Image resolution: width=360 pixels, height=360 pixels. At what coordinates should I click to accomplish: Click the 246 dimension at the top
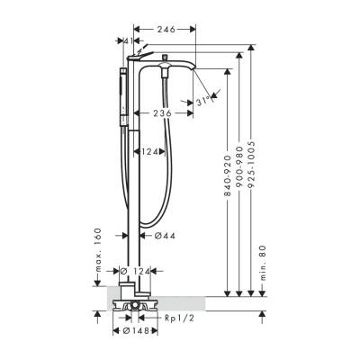(x=164, y=30)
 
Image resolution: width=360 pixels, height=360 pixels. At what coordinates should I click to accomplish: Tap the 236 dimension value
(x=163, y=112)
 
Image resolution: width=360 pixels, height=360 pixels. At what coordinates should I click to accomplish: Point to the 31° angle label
(x=204, y=103)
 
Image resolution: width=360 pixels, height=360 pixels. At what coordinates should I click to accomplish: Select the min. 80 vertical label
(x=262, y=260)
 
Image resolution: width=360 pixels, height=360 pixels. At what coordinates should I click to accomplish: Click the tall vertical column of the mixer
(x=136, y=180)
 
